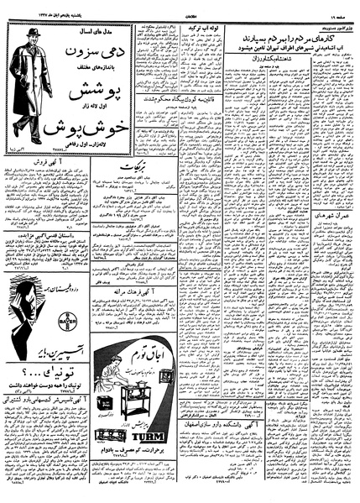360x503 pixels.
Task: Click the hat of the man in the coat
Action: click(32, 34)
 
